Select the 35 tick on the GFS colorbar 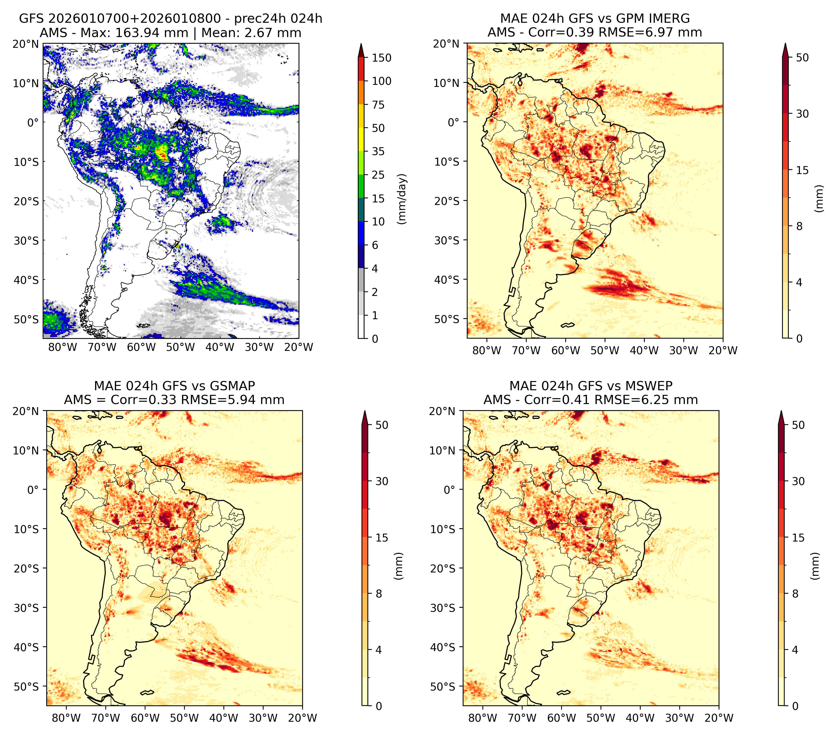click(x=378, y=151)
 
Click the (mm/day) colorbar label click(x=403, y=199)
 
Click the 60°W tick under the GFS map click(x=141, y=348)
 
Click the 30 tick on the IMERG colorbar click(x=802, y=114)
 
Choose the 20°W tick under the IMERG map click(x=723, y=350)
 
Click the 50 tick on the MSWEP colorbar click(x=798, y=425)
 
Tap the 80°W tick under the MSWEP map click(x=483, y=718)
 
